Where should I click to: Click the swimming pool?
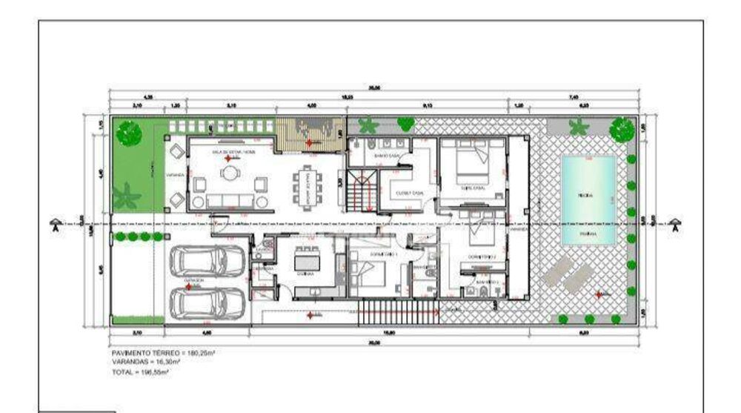click(588, 200)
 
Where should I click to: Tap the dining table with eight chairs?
click(305, 188)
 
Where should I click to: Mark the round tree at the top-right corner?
click(621, 130)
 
